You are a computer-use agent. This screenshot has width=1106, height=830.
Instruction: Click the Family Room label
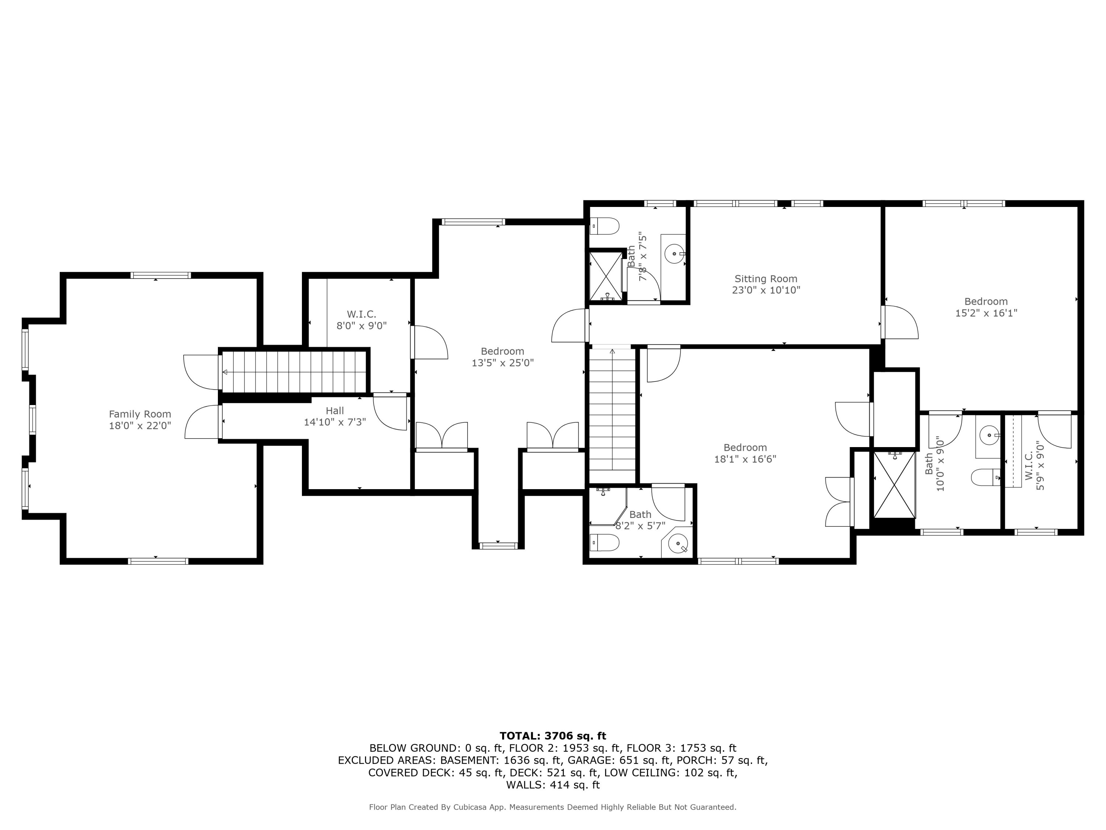[140, 414]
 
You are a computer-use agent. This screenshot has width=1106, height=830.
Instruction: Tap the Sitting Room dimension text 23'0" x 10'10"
[766, 290]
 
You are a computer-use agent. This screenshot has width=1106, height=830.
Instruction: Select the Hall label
[334, 411]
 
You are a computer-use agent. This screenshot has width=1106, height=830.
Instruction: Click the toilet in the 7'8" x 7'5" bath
[605, 226]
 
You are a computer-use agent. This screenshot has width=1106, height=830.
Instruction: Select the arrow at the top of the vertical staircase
[612, 351]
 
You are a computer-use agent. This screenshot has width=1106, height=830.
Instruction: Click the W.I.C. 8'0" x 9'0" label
[362, 314]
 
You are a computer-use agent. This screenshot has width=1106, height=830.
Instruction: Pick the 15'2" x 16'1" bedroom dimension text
[986, 313]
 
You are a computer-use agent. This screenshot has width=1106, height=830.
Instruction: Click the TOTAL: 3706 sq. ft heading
[553, 736]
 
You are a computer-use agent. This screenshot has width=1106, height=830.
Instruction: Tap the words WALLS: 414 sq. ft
[553, 785]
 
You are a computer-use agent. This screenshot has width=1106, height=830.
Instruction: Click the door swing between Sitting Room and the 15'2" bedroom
[900, 323]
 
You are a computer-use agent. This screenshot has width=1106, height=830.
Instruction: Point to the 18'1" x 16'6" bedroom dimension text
[745, 459]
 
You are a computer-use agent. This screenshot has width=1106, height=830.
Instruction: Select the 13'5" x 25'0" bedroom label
[502, 351]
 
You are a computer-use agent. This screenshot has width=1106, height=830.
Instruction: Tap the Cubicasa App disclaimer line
[553, 807]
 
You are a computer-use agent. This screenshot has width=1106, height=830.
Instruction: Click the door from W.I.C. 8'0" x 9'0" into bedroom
[429, 342]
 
